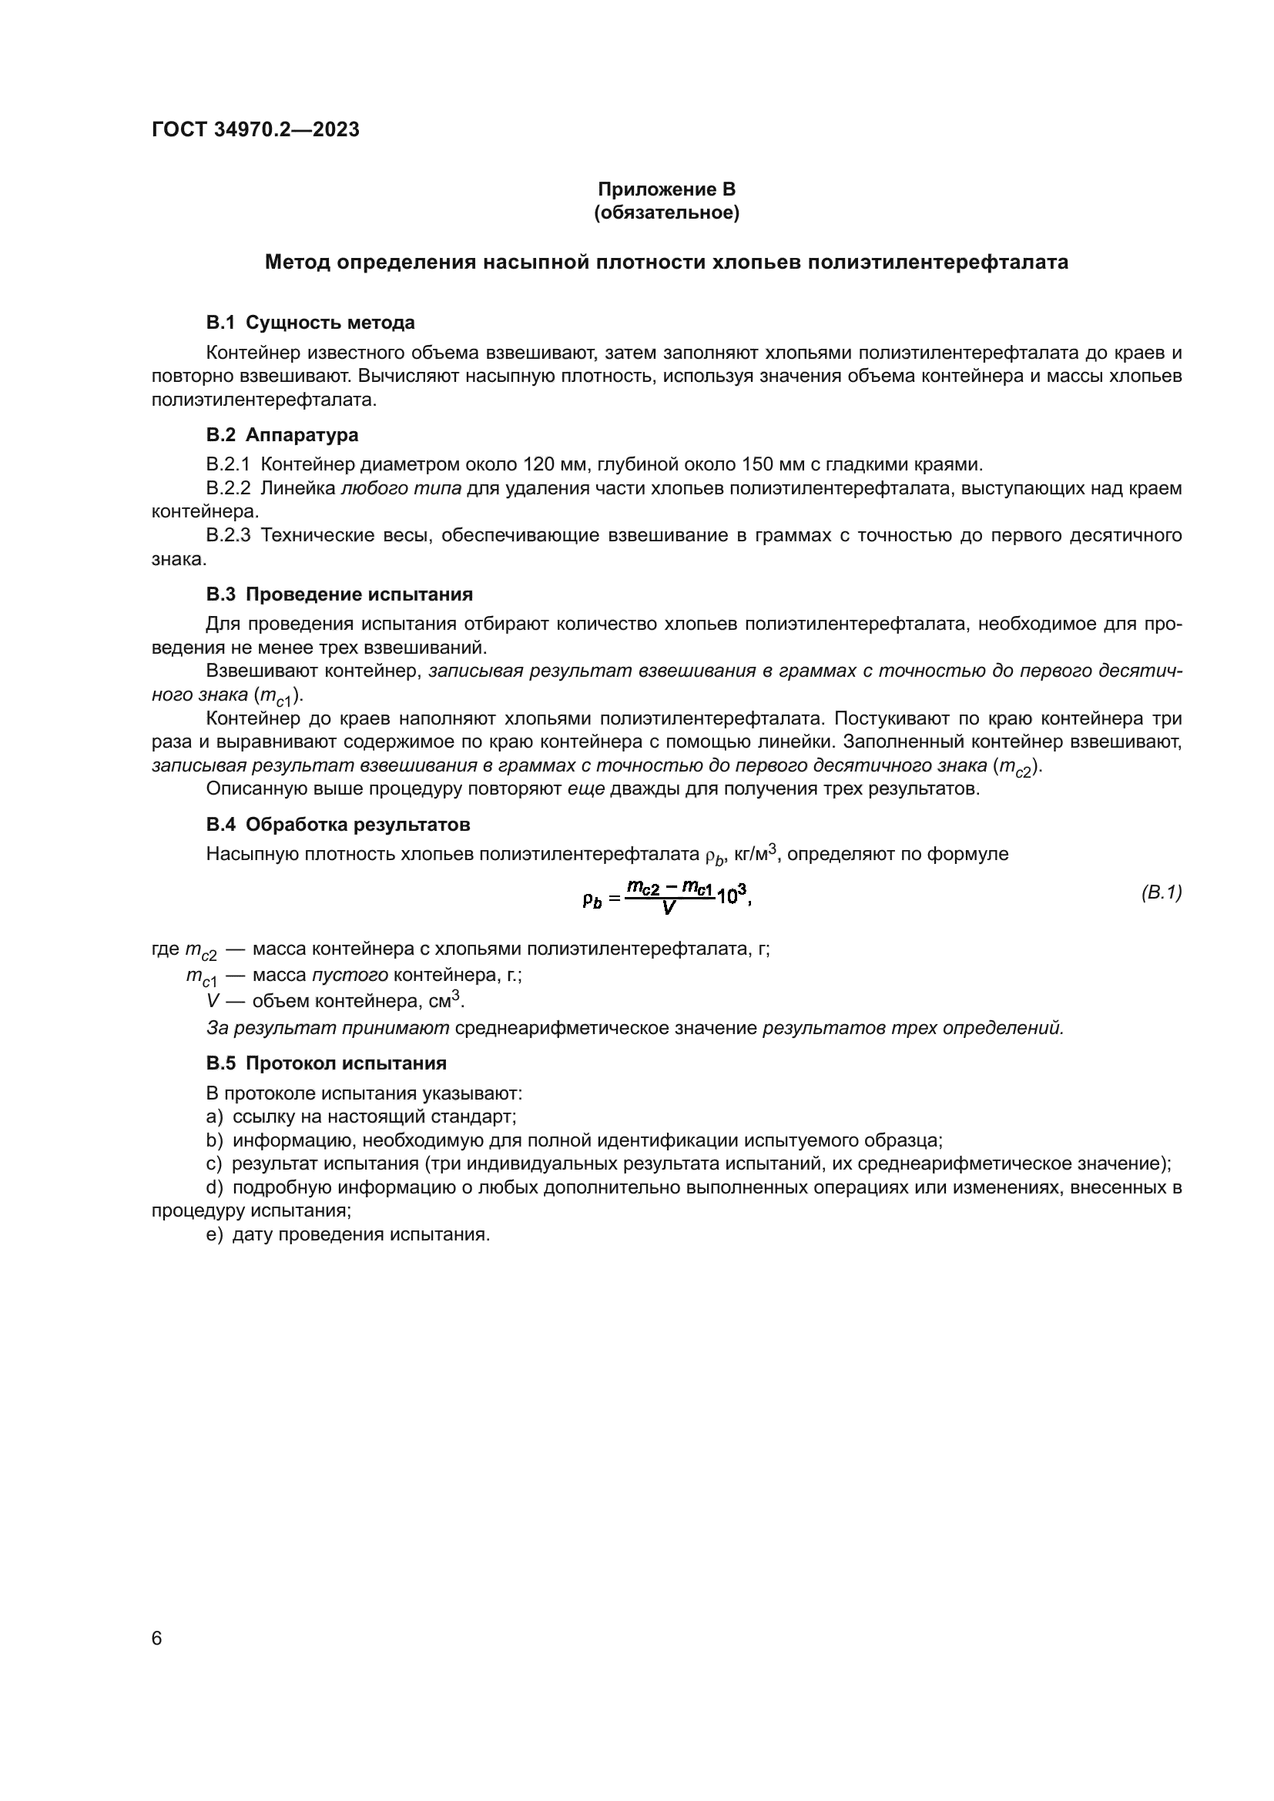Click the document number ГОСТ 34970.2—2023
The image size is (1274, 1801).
(255, 129)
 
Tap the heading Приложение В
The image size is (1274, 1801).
(666, 189)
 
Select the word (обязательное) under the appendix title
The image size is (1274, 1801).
(666, 213)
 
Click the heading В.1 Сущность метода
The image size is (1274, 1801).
(310, 323)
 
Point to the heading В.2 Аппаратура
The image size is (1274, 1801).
(282, 434)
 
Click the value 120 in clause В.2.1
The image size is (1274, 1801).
(539, 464)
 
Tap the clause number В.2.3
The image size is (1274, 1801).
(227, 535)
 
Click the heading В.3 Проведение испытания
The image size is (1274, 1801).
(339, 594)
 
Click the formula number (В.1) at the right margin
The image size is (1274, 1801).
(1161, 892)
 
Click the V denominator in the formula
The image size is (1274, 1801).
(669, 908)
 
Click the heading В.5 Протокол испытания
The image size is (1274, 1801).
(326, 1063)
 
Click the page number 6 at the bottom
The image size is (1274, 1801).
(156, 1638)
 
